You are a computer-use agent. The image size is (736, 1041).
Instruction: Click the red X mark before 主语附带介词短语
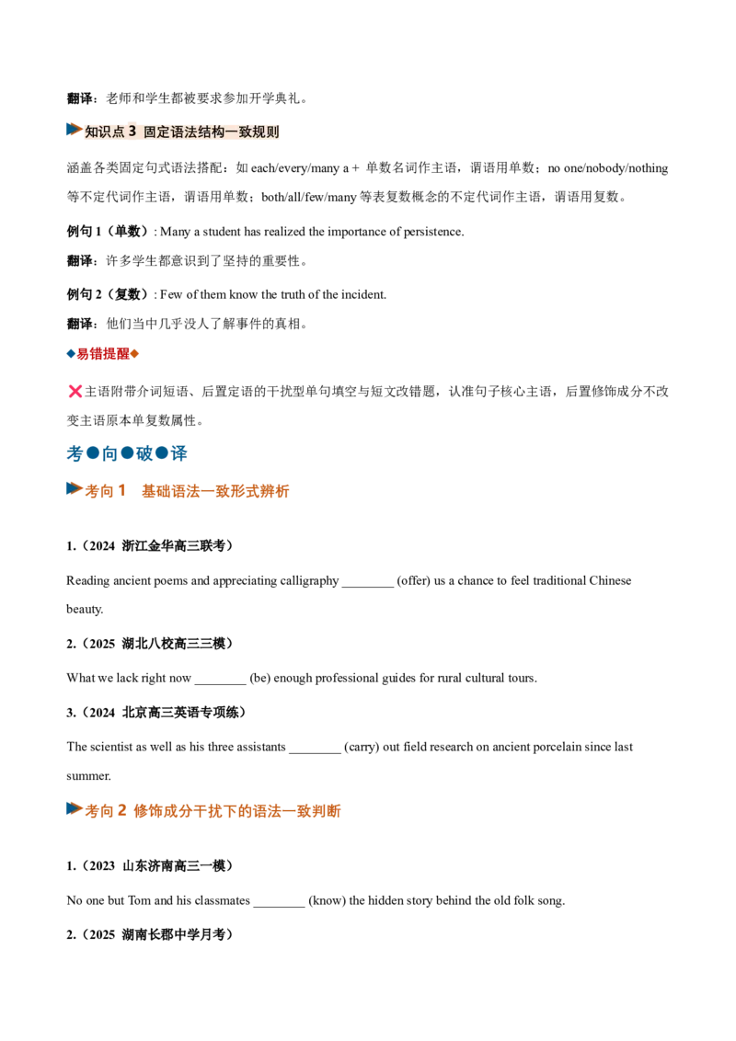[x=75, y=391]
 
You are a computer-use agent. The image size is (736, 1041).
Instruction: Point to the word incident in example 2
[x=363, y=295]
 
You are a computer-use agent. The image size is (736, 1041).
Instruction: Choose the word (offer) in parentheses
[x=414, y=581]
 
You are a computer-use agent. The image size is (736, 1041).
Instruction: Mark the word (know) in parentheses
[x=328, y=901]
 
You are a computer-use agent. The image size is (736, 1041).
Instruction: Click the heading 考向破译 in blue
[x=127, y=453]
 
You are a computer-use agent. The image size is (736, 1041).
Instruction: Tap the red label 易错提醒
[x=103, y=354]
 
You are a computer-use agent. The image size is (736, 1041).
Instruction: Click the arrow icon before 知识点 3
[x=75, y=130]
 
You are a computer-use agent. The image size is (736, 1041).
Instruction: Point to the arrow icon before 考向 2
[x=75, y=808]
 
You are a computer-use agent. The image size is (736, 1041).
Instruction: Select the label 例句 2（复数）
[x=108, y=294]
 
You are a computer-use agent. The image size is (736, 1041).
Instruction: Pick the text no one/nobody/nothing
[x=608, y=168]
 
